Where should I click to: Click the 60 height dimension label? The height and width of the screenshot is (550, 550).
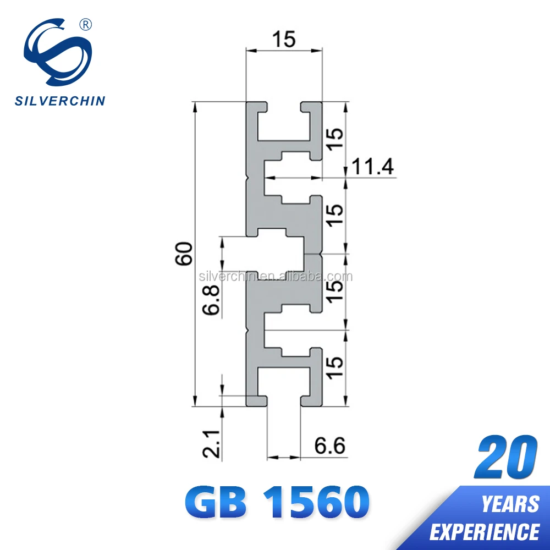185,253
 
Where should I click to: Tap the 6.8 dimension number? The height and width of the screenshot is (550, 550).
211,300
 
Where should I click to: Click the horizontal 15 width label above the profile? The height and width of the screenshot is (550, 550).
284,39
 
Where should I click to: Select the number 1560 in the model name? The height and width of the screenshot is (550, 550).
316,501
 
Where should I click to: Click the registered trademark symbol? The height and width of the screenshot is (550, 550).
86,24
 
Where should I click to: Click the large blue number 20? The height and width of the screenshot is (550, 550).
507,457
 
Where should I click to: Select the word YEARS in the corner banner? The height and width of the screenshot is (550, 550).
510,503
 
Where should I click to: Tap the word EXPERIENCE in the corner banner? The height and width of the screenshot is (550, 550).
485,531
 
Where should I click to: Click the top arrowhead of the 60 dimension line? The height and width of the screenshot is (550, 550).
195,106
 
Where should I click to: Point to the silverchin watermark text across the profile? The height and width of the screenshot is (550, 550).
275,276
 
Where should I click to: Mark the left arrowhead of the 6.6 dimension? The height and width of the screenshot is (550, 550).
270,457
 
